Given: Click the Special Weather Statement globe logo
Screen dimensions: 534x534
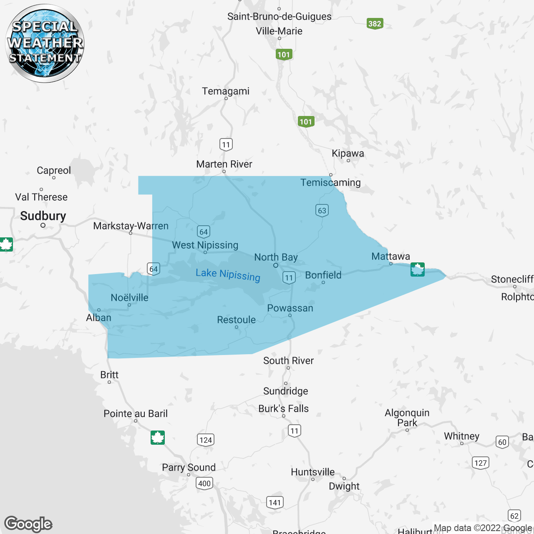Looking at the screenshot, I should coord(45,43).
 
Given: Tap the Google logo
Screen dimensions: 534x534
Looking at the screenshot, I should coord(28,524).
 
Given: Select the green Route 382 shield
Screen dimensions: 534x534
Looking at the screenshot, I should coord(375,23).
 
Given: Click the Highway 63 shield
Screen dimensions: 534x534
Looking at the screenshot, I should coord(322,210).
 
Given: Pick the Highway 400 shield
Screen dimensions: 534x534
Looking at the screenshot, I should coord(204,483).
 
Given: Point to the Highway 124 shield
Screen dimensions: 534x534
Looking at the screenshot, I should coord(206,440).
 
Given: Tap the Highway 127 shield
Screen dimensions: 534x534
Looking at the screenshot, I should coord(481,463).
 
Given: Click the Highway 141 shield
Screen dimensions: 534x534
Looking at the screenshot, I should coord(275,502).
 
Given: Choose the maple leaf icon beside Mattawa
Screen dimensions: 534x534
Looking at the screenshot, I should coord(417,270).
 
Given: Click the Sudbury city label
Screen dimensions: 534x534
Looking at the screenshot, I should coord(43,216).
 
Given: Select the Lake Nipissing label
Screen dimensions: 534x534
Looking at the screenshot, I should coord(228,275).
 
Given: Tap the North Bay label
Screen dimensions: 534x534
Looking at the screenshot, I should coord(276,257).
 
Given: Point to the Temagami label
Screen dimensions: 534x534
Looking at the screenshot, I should coord(226,91).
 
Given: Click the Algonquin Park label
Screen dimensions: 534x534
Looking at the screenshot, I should coord(407,418).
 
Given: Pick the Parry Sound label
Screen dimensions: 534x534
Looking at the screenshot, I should coord(189,467).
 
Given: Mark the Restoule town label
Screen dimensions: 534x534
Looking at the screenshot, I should coord(236,320).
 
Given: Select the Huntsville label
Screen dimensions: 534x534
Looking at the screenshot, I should coord(312,472).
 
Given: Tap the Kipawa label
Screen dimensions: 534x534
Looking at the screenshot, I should coord(348,153).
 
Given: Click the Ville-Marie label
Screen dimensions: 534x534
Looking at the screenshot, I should coord(279,31).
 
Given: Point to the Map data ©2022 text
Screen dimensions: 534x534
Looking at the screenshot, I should coord(467,528).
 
